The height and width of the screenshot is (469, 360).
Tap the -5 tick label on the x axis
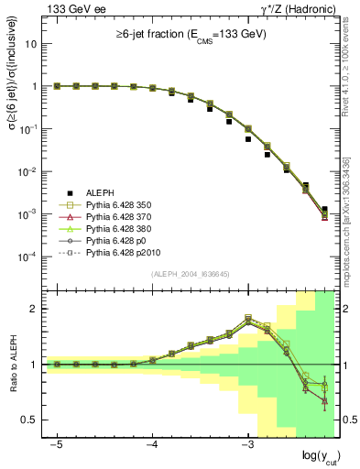[x=56, y=443]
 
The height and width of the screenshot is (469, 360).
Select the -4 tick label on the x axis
[x=151, y=443]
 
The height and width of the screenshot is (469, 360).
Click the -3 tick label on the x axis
[x=246, y=443]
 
